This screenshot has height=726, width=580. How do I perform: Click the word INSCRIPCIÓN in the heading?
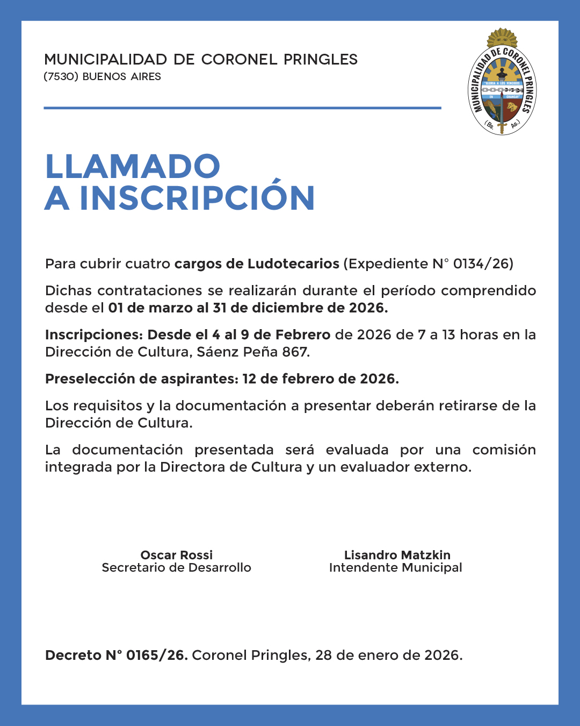pos(197,198)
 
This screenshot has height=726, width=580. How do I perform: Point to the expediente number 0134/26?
pos(481,264)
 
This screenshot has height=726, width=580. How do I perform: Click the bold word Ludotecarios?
pos(293,264)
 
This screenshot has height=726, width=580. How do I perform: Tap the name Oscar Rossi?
pos(176,555)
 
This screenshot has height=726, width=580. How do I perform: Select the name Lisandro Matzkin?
pos(397,555)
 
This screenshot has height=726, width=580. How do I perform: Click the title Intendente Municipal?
pos(395,568)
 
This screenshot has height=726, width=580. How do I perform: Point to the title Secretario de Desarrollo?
pos(176,568)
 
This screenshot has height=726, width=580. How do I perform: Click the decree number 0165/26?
pos(156,655)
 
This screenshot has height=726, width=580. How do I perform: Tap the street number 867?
pos(295,352)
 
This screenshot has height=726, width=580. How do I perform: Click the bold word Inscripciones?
pos(94,334)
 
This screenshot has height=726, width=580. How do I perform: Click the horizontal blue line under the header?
pos(242,108)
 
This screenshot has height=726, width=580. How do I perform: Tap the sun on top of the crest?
pos(502,38)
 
